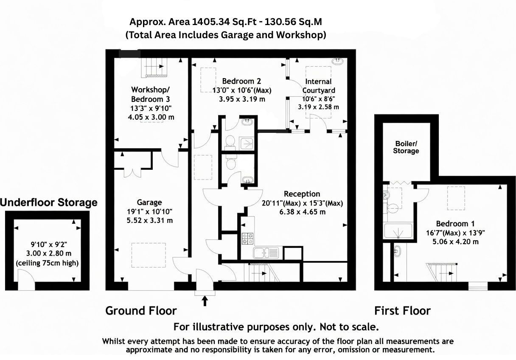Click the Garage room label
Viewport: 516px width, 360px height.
(x=149, y=202)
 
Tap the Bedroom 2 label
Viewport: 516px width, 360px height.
(x=241, y=81)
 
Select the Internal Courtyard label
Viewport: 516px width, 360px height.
(x=318, y=86)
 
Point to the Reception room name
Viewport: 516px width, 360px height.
(x=302, y=194)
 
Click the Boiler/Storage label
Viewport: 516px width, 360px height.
(x=406, y=147)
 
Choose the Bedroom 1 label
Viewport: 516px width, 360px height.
(x=455, y=224)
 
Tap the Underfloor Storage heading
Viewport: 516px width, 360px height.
(x=49, y=202)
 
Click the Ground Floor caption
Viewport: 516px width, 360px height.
(x=141, y=311)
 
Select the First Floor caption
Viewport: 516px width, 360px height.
(x=402, y=311)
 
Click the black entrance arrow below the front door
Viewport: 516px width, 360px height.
(x=205, y=301)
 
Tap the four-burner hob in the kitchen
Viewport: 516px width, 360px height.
(x=248, y=239)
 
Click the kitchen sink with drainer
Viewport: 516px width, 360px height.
(x=266, y=253)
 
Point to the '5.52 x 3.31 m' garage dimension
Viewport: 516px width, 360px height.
(x=149, y=221)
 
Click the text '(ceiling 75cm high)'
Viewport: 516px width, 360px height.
(x=47, y=263)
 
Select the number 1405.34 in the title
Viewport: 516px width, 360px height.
(x=210, y=22)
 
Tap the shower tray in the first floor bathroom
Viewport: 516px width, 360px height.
(x=398, y=231)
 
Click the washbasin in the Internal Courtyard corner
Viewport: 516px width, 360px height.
(x=337, y=61)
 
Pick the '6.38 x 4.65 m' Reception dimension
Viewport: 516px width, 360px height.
(x=302, y=212)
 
